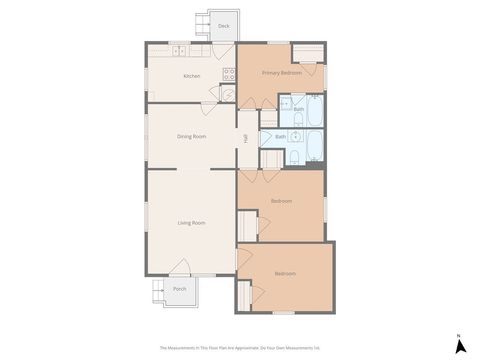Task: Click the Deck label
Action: click(223, 25)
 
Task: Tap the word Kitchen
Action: click(191, 76)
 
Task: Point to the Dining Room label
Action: click(191, 136)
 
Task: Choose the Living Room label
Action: click(191, 222)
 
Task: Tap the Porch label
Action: click(179, 289)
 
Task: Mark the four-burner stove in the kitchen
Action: click(229, 72)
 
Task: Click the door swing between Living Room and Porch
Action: click(180, 267)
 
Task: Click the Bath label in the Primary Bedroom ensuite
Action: click(298, 109)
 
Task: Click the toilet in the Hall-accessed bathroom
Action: click(296, 158)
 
